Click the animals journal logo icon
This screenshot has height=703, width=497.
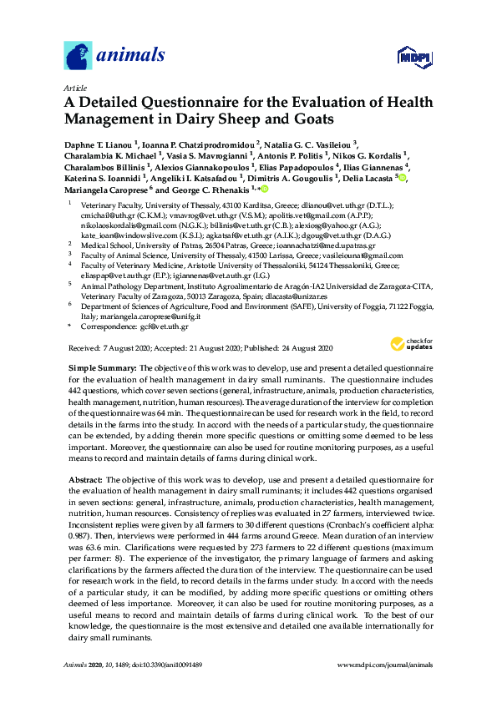coord(78,55)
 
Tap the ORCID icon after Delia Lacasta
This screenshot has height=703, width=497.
coord(403,178)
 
